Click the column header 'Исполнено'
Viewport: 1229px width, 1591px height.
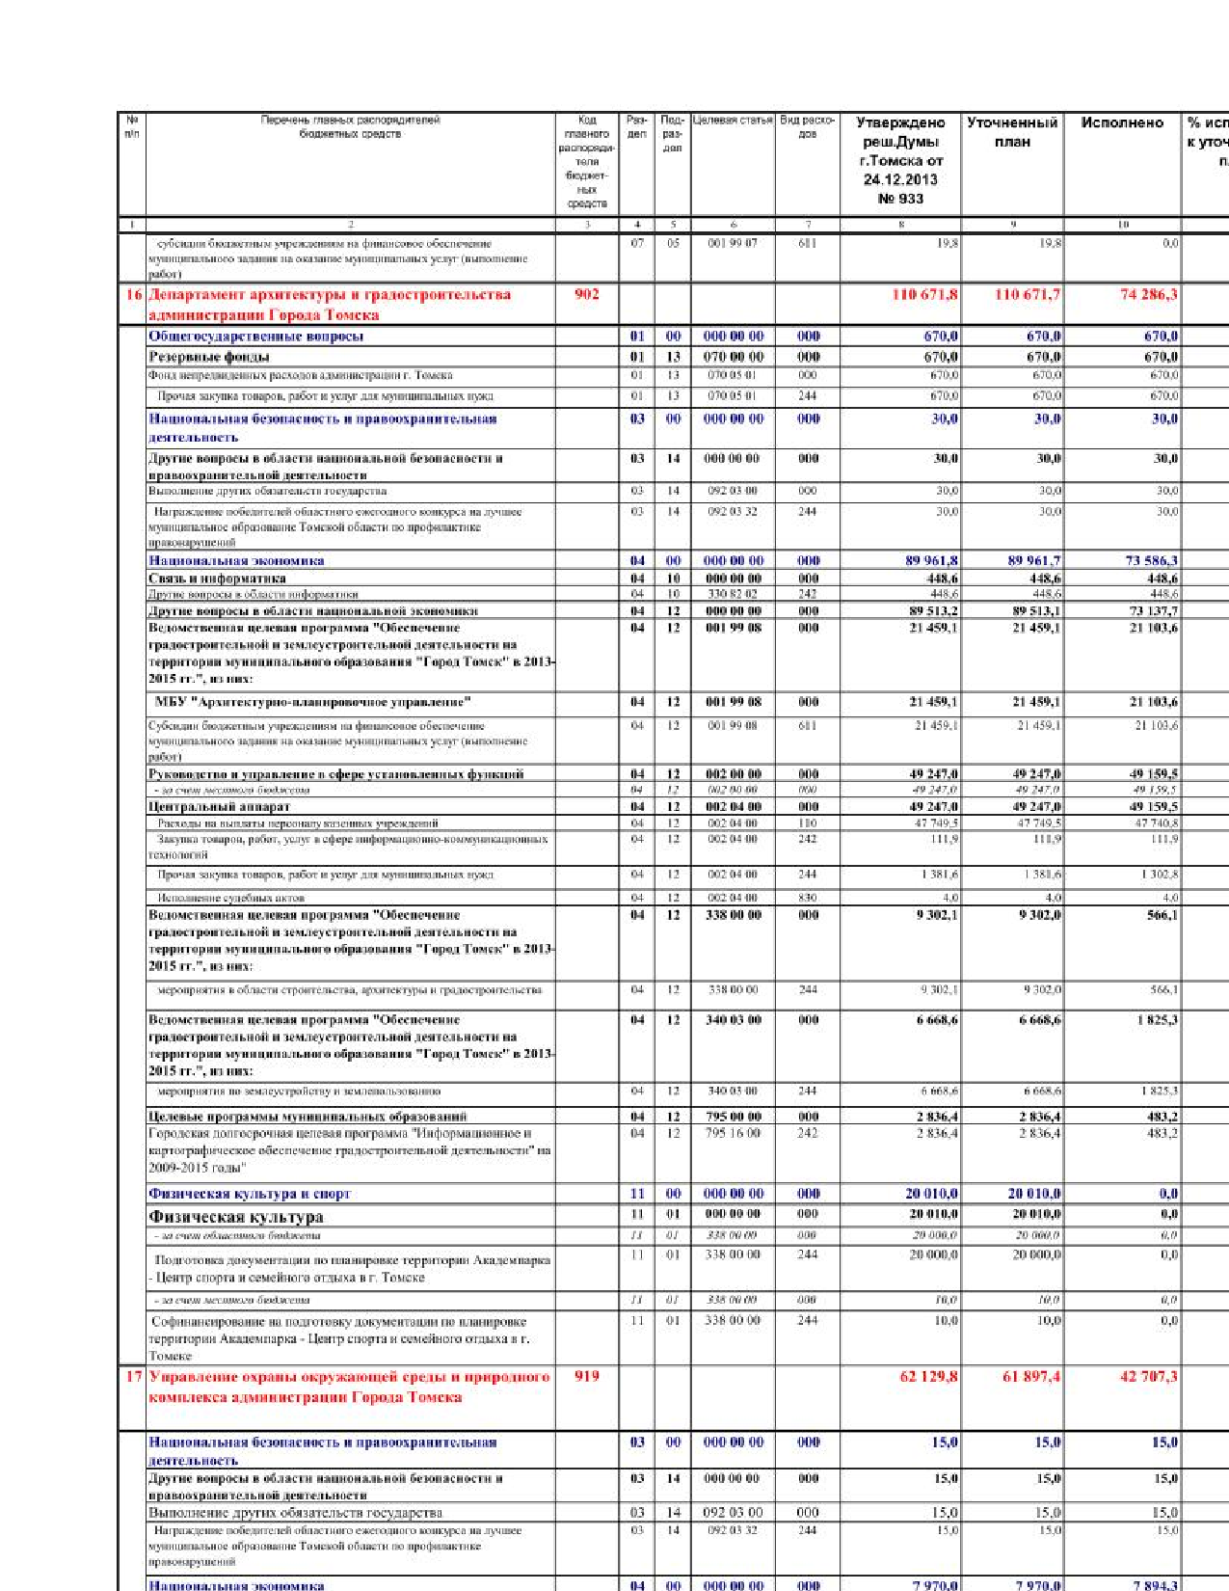pos(1122,123)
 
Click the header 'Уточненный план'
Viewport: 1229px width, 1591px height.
pos(1012,132)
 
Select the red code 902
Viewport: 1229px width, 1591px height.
pos(587,294)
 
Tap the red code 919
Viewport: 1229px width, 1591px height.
pos(587,1376)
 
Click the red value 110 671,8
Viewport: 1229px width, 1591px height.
pos(924,294)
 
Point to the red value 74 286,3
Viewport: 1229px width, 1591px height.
pos(1148,294)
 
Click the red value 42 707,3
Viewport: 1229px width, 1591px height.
pos(1148,1376)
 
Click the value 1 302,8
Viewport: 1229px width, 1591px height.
pos(1157,875)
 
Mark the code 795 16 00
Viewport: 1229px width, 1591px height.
pos(733,1133)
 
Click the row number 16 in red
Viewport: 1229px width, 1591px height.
pos(133,294)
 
